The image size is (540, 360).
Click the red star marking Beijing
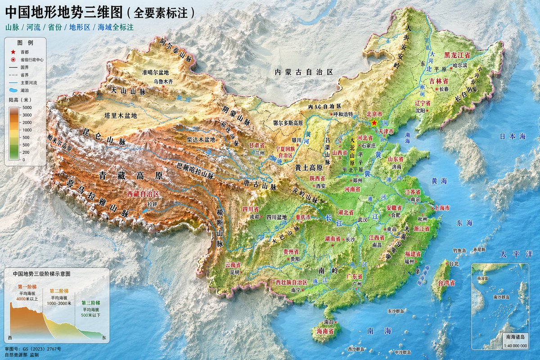click(374, 122)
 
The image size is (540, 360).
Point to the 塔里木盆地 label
click(120, 115)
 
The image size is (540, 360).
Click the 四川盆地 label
click(276, 217)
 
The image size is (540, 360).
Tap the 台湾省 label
click(446, 283)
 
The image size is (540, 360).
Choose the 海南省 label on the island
click(324, 331)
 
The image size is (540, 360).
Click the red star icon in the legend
click(14, 52)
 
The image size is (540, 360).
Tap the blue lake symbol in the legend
click(14, 90)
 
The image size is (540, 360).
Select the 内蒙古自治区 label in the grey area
click(304, 72)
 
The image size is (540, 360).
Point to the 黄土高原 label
click(309, 167)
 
